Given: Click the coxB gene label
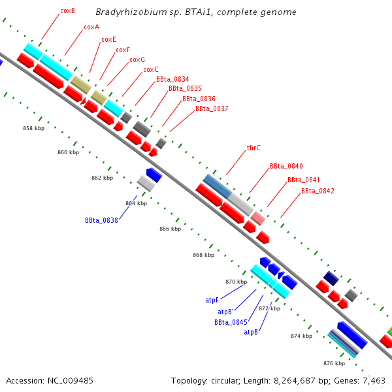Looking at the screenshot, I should pyautogui.click(x=67, y=11).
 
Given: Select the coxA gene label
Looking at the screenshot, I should pyautogui.click(x=91, y=27).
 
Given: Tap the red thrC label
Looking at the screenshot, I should pyautogui.click(x=253, y=148).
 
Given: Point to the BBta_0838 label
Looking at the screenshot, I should pyautogui.click(x=101, y=220).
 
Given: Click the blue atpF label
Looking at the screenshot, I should pyautogui.click(x=212, y=301).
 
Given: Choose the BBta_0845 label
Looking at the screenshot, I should pyautogui.click(x=231, y=322).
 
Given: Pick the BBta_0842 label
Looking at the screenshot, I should pyautogui.click(x=318, y=191).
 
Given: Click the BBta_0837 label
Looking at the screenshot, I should pyautogui.click(x=212, y=108).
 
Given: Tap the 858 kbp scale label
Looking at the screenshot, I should pyautogui.click(x=33, y=129).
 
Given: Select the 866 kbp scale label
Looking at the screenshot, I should pyautogui.click(x=170, y=229).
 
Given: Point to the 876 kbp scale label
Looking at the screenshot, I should pyautogui.click(x=334, y=363).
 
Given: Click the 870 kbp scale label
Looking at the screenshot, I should pyautogui.click(x=236, y=282).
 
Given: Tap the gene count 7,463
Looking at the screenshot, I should pyautogui.click(x=374, y=380).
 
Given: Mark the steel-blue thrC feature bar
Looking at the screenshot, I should pyautogui.click(x=217, y=186).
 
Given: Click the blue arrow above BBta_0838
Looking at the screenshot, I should pyautogui.click(x=154, y=174).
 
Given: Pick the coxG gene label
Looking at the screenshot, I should pyautogui.click(x=137, y=59).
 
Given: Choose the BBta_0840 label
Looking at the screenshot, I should pyautogui.click(x=286, y=167).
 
